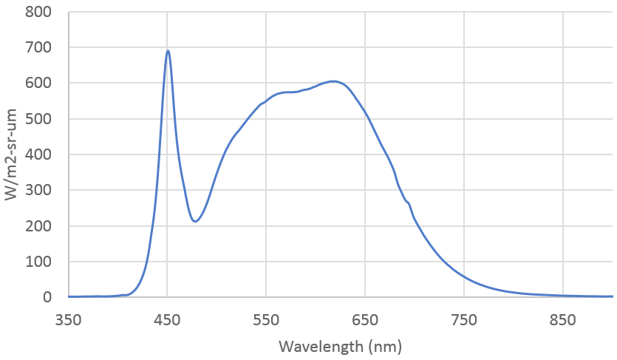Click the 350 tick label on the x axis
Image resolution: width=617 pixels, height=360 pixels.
[x=68, y=320]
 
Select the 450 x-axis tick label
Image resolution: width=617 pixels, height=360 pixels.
[x=167, y=320]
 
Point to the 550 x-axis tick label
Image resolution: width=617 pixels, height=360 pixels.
[x=266, y=320]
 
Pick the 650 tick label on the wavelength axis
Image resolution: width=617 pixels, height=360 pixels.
[x=365, y=320]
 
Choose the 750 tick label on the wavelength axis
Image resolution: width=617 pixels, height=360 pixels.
[x=464, y=320]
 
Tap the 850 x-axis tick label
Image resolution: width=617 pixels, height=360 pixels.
[x=563, y=320]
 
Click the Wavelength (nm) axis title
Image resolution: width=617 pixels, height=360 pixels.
[x=340, y=345]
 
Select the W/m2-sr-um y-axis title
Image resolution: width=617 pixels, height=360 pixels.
[x=13, y=154]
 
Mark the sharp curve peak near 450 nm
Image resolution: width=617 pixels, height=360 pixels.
[x=168, y=50]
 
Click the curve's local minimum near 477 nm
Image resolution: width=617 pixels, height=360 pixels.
[x=194, y=221]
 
